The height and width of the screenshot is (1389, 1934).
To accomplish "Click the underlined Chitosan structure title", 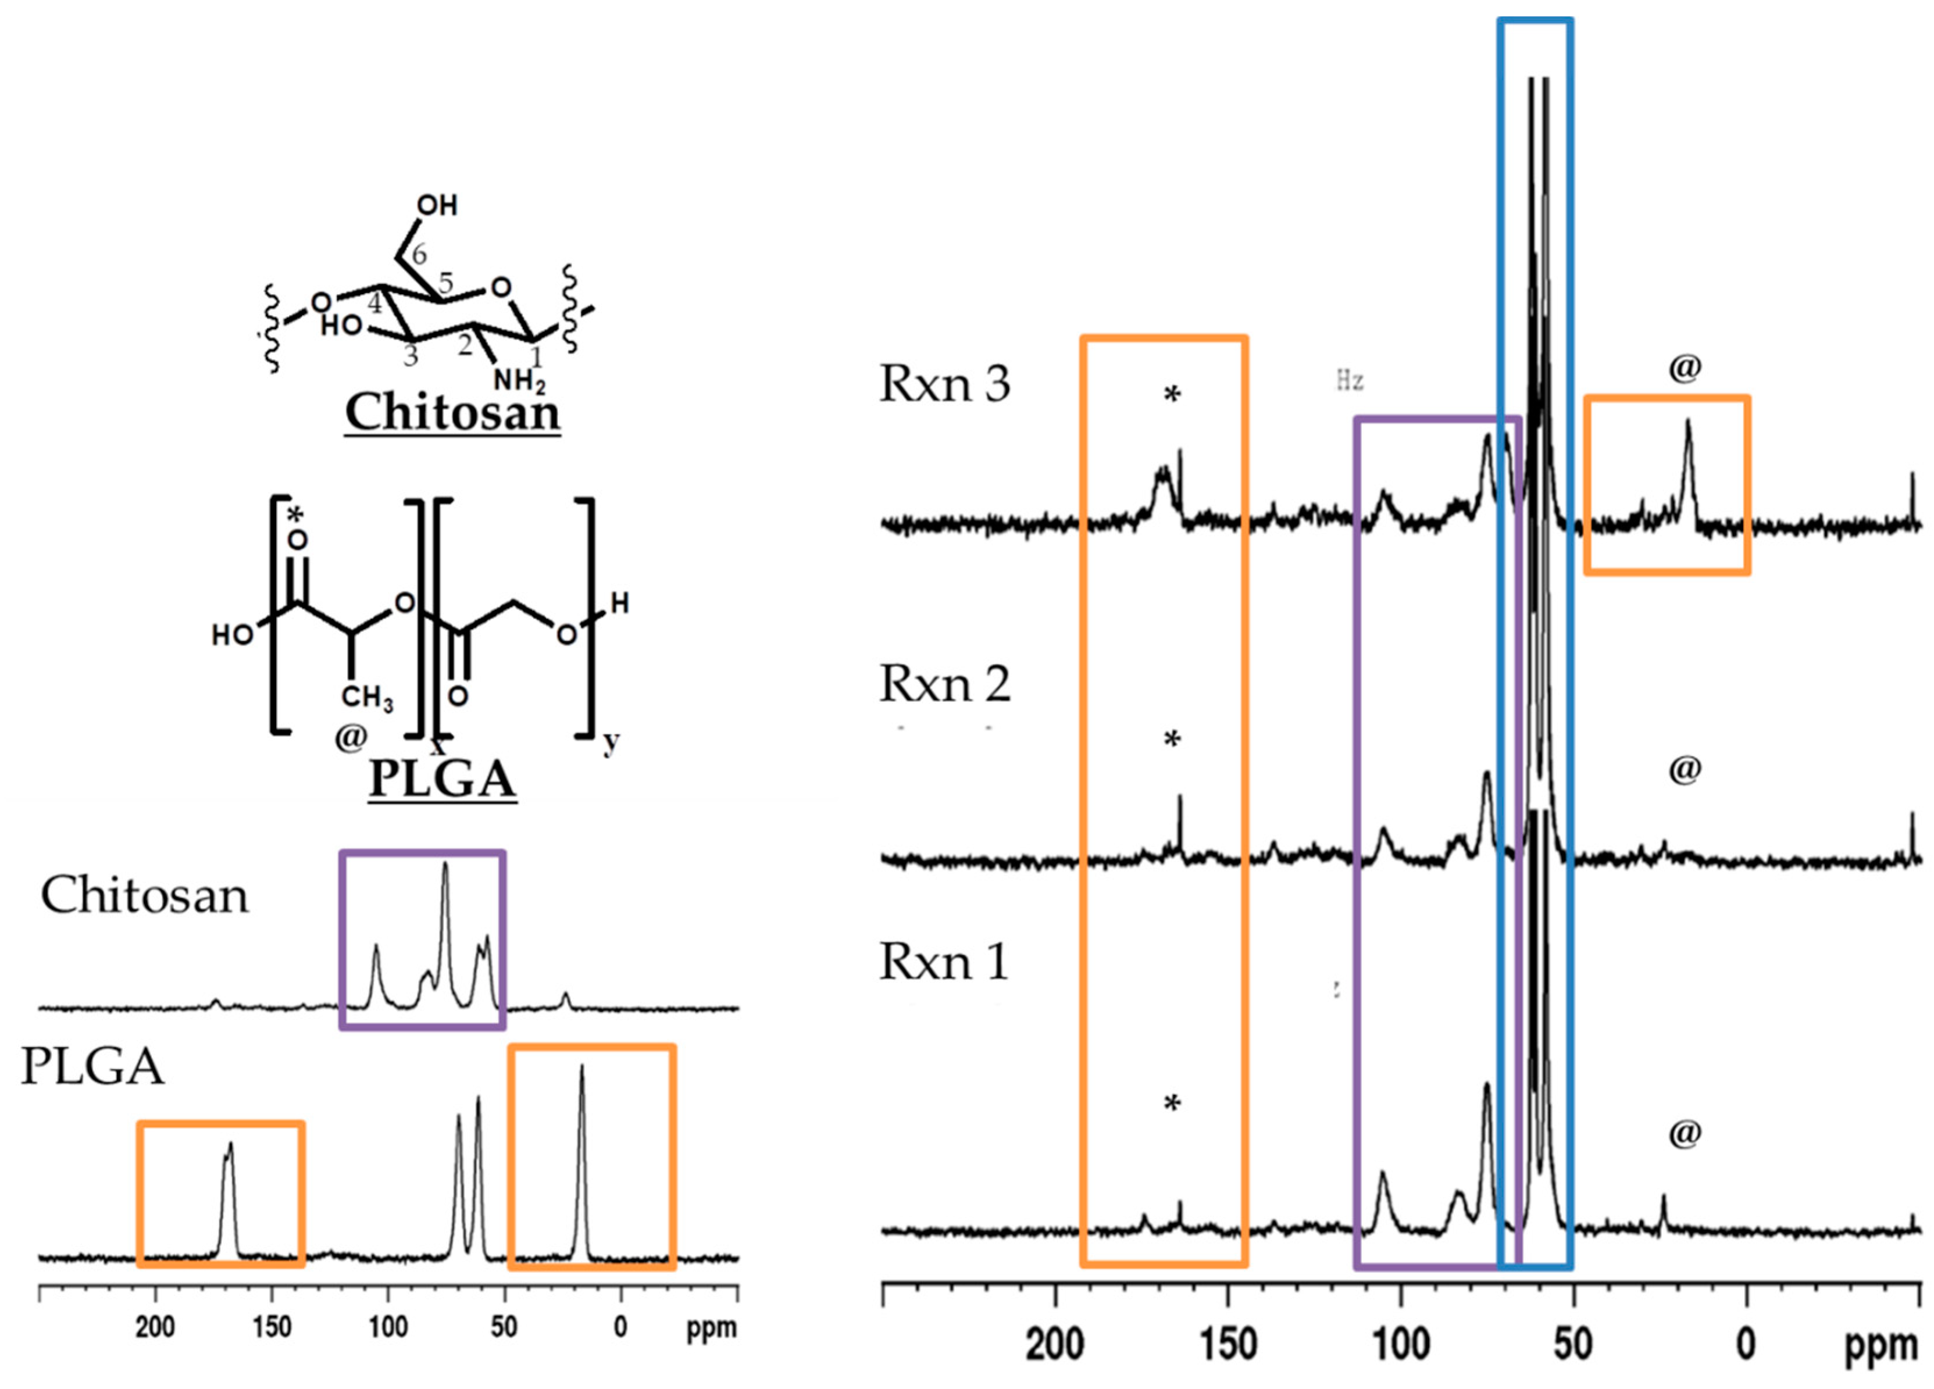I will pos(452,413).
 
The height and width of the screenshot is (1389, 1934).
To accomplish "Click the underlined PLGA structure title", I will pos(442,779).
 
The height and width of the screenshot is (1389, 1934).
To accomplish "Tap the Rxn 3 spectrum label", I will pos(944,384).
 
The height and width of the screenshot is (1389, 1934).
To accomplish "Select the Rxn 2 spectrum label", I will pos(944,684).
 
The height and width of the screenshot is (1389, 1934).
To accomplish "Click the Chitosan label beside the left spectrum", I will pos(145,896).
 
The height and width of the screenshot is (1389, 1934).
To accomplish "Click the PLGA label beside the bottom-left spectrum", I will pos(92,1066).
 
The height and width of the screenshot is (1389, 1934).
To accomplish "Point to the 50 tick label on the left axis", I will pos(504,1327).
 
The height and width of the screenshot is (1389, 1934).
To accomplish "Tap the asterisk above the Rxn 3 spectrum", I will pos(1172,395).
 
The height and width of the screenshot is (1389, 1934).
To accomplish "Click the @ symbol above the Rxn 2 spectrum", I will pos(1684,769).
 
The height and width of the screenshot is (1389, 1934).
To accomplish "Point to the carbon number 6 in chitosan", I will pos(419,254).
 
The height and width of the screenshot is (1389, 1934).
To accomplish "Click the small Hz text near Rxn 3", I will pos(1349,380).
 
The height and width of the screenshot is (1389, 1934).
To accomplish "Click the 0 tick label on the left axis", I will pos(620,1327).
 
